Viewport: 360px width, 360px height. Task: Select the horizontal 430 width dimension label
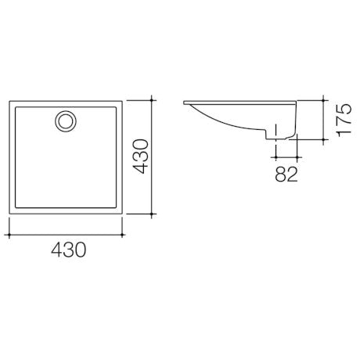[67, 250]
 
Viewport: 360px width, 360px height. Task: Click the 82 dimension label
[286, 174]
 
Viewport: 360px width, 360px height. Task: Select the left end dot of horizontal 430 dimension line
[9, 233]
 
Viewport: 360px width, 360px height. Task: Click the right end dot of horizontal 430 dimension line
[124, 233]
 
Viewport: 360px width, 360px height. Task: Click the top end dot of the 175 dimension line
[324, 100]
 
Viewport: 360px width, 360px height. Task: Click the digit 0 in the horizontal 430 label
[79, 250]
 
